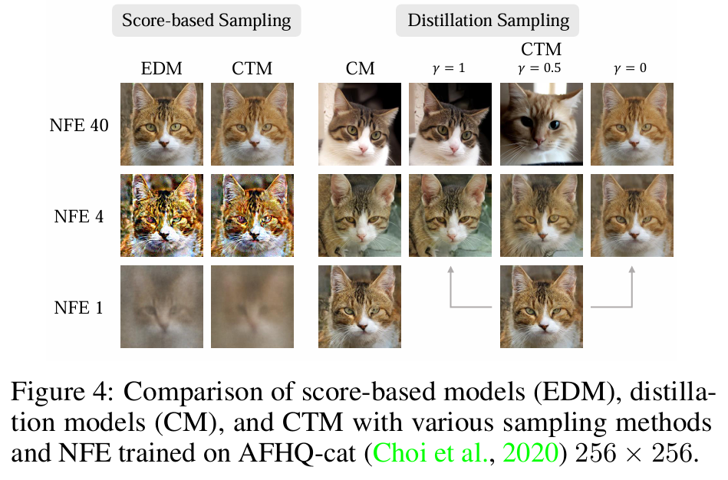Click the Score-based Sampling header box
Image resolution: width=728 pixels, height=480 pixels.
click(x=206, y=21)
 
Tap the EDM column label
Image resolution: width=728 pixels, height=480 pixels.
click(x=161, y=68)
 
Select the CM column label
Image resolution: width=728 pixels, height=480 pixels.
click(x=360, y=68)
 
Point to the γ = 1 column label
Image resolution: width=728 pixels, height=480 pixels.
click(x=450, y=68)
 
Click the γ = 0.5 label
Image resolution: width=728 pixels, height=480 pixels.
click(x=541, y=68)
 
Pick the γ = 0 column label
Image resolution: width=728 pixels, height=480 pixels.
click(x=631, y=68)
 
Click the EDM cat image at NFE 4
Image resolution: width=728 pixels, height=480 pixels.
click(x=162, y=215)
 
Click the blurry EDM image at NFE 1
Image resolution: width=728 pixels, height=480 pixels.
click(x=162, y=307)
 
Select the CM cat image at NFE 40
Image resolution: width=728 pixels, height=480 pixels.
click(x=360, y=124)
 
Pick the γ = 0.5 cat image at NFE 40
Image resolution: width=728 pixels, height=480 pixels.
click(x=541, y=124)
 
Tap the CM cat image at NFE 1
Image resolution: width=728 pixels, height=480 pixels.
click(x=360, y=307)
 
